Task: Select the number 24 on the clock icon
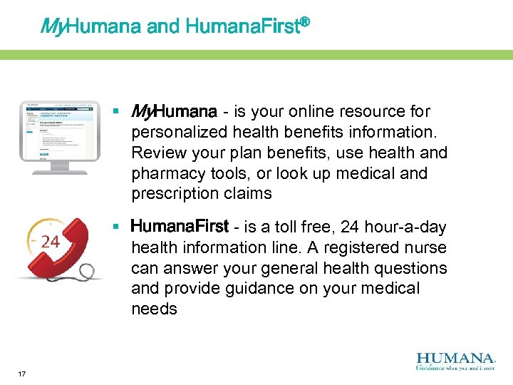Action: coord(50,242)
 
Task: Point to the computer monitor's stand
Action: coord(59,168)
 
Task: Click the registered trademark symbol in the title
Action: coord(305,24)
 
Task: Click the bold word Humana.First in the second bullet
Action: coord(180,227)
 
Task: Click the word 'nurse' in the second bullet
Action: coord(427,248)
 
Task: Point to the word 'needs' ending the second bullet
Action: coord(154,309)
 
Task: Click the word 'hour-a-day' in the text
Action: coord(405,227)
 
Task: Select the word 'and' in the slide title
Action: coord(163,27)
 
